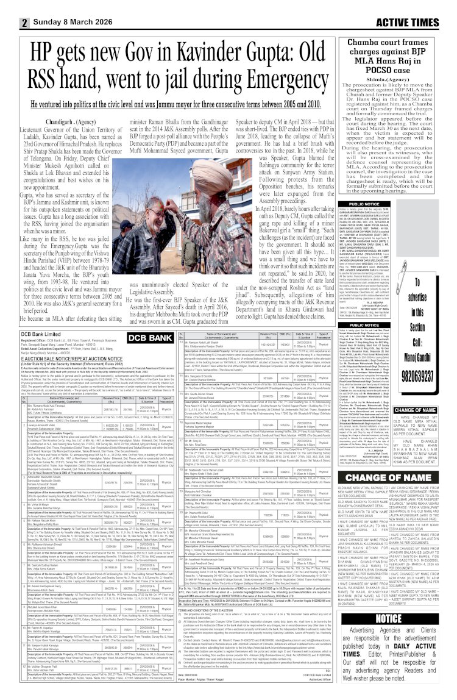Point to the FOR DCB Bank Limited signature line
[304, 691]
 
